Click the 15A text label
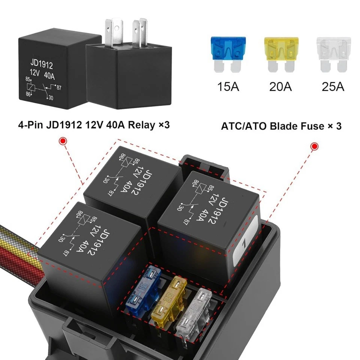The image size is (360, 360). pyautogui.click(x=228, y=87)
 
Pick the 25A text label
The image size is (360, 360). pyautogui.click(x=333, y=87)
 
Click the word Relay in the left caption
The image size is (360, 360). pyautogui.click(x=140, y=124)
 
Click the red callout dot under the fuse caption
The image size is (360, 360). pyautogui.click(x=314, y=146)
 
